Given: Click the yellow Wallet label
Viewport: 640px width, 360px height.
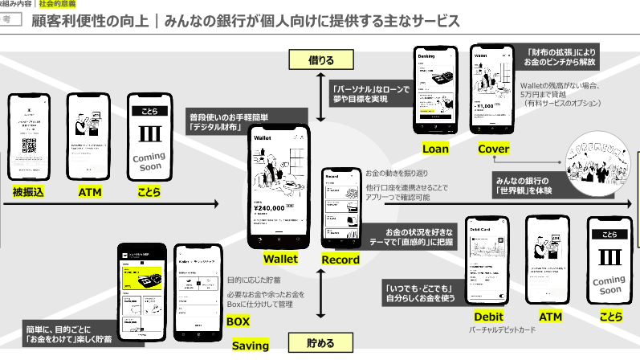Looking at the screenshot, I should click(x=280, y=259).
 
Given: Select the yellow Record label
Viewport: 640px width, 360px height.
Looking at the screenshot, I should click(x=340, y=260).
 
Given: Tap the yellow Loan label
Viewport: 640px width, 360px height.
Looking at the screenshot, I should click(x=435, y=149).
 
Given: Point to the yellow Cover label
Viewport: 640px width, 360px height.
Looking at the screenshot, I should click(x=493, y=149).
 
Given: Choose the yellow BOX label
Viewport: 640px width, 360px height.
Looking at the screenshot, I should click(x=238, y=321).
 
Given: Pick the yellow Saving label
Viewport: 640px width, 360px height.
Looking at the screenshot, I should click(x=250, y=346).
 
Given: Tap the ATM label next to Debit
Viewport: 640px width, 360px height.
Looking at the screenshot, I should click(x=550, y=317).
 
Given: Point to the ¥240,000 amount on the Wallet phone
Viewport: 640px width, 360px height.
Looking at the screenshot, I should click(x=270, y=207).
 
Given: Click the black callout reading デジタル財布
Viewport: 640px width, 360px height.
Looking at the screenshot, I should click(x=218, y=121).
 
